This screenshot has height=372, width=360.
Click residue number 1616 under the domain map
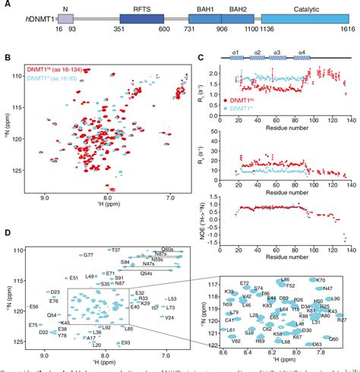click(339, 36)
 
